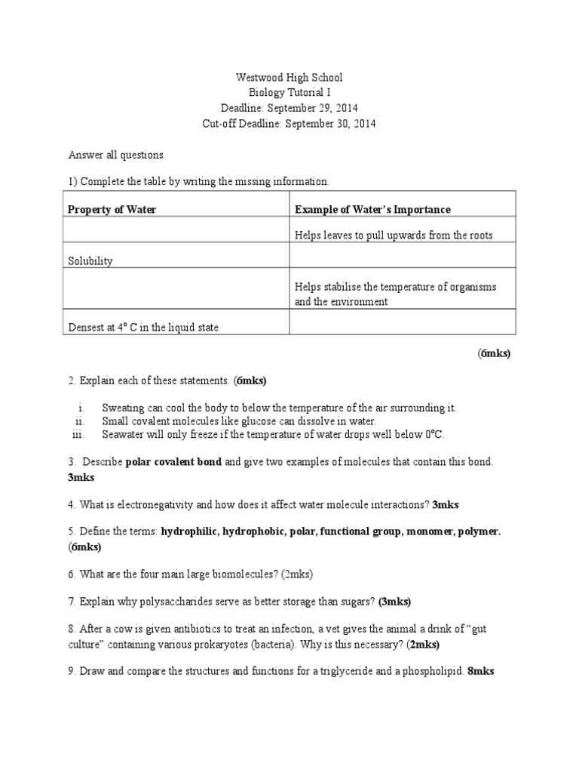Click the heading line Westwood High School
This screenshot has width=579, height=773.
click(x=289, y=78)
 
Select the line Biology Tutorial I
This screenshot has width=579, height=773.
click(x=289, y=93)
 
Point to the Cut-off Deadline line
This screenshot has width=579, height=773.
click(x=289, y=123)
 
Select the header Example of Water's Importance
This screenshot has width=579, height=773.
click(x=372, y=209)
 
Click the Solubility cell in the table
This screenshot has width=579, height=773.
click(x=90, y=260)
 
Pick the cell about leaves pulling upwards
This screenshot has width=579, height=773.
click(x=394, y=236)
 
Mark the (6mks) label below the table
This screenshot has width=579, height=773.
click(x=494, y=353)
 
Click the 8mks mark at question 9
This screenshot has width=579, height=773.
click(x=481, y=670)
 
